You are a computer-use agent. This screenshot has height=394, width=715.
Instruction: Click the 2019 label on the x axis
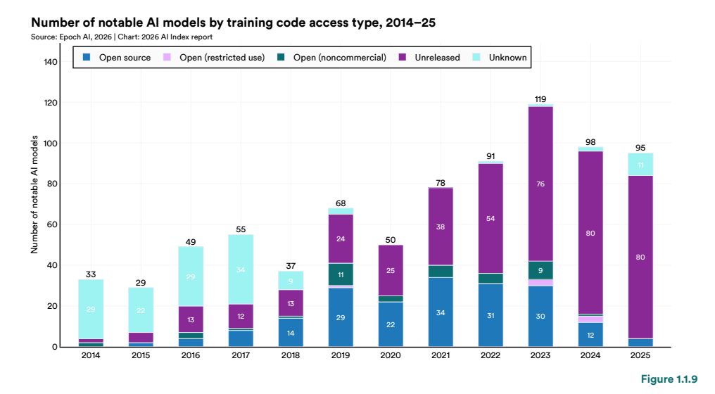coord(341,356)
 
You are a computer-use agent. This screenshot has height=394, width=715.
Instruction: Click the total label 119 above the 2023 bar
coord(540,99)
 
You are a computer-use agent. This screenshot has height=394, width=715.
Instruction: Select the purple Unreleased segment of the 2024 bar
coord(591,232)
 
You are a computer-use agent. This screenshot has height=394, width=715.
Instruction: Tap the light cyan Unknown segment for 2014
coord(91,309)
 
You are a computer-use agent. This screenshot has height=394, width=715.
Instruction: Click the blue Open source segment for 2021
coord(441,312)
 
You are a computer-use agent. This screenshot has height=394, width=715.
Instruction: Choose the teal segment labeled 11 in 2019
coord(341,274)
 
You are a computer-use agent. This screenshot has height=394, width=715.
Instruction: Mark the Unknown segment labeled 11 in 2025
coord(640,165)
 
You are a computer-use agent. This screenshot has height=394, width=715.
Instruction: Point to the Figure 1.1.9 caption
coord(669,380)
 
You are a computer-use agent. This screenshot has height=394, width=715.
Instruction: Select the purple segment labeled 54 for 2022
coord(491,218)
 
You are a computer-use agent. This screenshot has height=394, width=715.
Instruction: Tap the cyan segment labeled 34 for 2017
coord(241,269)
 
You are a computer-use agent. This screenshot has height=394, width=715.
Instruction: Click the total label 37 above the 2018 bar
coord(291,266)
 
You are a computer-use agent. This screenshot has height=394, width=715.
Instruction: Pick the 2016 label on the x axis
coord(191,356)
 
